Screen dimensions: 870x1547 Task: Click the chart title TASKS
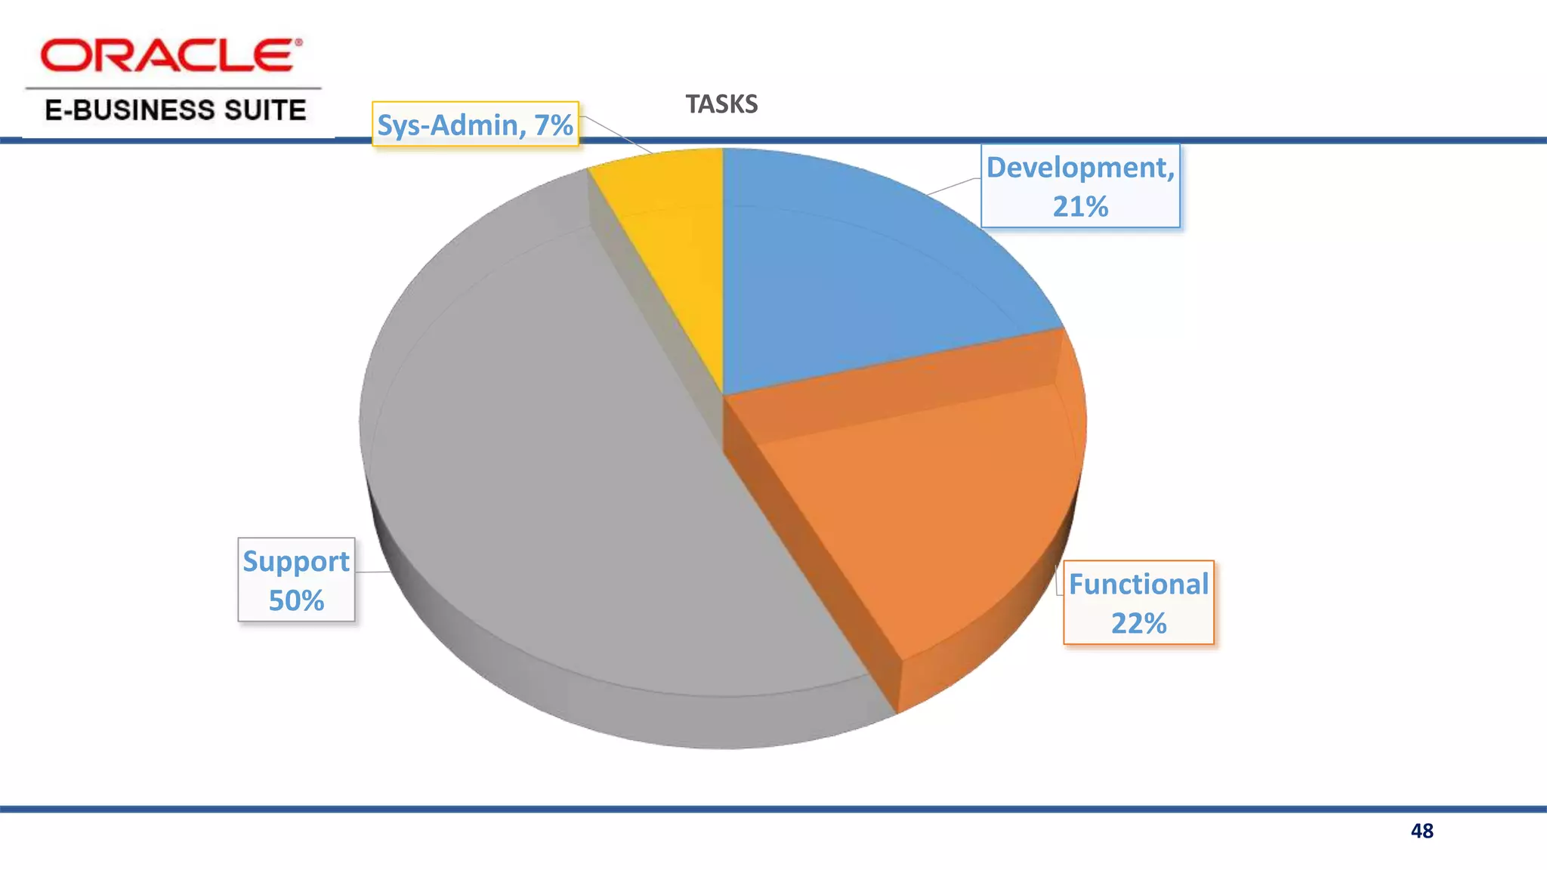pyautogui.click(x=721, y=104)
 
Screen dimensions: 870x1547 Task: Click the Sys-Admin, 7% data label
pyautogui.click(x=475, y=125)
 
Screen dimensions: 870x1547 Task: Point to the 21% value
pyautogui.click(x=1080, y=207)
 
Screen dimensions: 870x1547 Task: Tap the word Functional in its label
pyautogui.click(x=1138, y=585)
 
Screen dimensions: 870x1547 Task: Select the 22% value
pyautogui.click(x=1138, y=624)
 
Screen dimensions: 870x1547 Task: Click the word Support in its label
pyautogui.click(x=296, y=562)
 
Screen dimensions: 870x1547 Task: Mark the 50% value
pyautogui.click(x=296, y=601)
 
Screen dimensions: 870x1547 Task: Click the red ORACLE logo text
pyautogui.click(x=166, y=56)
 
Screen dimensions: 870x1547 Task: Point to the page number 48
pyautogui.click(x=1422, y=831)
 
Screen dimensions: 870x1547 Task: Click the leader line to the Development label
pyautogui.click(x=953, y=186)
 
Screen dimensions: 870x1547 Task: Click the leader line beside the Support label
pyautogui.click(x=372, y=572)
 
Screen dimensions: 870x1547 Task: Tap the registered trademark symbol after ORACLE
pyautogui.click(x=298, y=43)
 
